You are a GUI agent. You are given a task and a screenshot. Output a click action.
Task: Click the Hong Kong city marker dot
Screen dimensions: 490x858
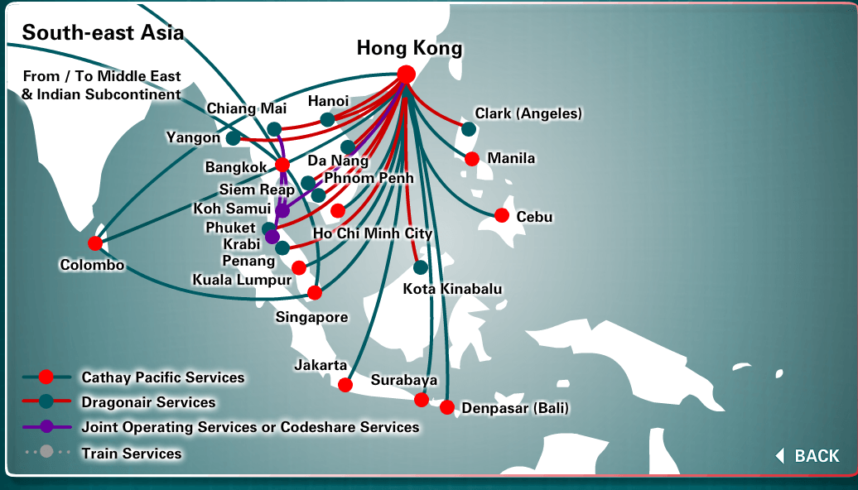tap(406, 74)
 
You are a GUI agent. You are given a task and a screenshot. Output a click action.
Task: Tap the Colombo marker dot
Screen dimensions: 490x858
tap(95, 243)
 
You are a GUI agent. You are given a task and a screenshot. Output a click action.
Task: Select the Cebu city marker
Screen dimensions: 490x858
tap(502, 215)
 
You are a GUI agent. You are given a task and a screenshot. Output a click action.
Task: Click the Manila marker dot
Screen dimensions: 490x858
tap(472, 159)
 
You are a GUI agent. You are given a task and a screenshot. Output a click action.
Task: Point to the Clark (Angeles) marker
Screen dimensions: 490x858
tap(469, 129)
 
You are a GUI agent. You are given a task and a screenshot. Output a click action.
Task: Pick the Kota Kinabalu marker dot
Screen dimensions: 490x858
tap(421, 267)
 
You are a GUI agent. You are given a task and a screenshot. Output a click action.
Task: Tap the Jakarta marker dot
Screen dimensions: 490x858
tap(345, 384)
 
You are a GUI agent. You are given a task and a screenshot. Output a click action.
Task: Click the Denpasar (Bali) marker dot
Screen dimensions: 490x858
tap(447, 407)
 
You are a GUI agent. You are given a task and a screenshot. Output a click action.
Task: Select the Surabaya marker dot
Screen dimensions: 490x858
tap(422, 400)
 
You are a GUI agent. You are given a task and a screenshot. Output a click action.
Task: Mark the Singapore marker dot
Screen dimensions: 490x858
tap(315, 292)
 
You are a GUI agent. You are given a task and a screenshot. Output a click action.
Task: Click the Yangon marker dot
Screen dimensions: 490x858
tap(234, 138)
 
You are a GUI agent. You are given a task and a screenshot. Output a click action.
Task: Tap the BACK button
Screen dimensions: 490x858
tap(808, 456)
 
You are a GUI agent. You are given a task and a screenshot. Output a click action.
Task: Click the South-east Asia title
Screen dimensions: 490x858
tap(103, 32)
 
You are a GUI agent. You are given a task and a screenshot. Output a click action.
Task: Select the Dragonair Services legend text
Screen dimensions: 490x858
tap(148, 402)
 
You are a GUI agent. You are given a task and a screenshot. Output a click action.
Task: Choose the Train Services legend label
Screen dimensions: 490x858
tap(131, 453)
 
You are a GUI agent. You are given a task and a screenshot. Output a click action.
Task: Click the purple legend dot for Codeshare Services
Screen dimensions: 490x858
tap(46, 427)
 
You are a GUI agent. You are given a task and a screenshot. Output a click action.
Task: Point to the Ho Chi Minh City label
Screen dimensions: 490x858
tap(373, 233)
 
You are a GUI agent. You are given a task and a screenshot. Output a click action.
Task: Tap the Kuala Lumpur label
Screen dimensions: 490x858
tap(242, 280)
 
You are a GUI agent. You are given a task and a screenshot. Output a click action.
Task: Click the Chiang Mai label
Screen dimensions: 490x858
tap(246, 108)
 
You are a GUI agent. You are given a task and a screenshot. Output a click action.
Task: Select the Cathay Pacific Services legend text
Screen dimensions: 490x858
tap(163, 377)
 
